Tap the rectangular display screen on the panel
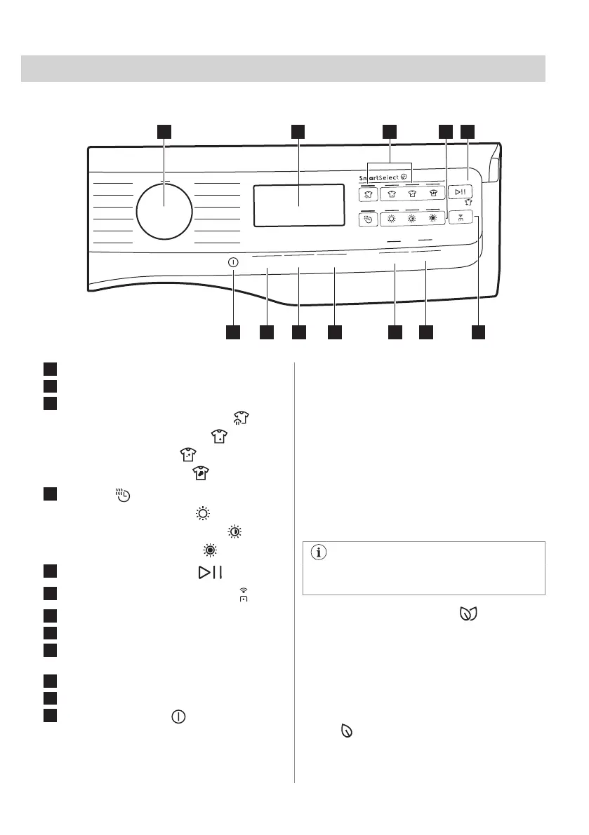pyautogui.click(x=298, y=205)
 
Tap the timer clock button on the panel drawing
pyautogui.click(x=368, y=219)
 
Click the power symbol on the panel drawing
pyautogui.click(x=233, y=262)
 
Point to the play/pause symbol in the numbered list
pyautogui.click(x=210, y=572)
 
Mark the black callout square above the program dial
pyautogui.click(x=164, y=131)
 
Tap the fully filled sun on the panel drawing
pyautogui.click(x=432, y=218)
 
